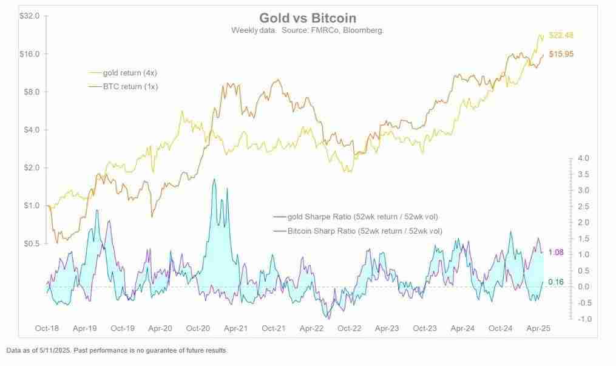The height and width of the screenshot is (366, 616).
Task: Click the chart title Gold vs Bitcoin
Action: tap(308, 18)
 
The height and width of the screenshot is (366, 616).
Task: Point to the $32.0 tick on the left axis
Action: tap(29, 16)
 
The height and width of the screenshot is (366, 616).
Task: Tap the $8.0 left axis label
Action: tap(31, 92)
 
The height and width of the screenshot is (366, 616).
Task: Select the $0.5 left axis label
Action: tap(31, 243)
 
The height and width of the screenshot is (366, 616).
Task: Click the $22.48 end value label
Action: tap(560, 35)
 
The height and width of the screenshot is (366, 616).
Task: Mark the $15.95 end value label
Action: tap(560, 54)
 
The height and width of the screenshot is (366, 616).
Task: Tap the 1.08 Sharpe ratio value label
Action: tap(556, 252)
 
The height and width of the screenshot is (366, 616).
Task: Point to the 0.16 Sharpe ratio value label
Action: tap(556, 282)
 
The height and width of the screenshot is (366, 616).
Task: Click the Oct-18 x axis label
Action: tap(47, 328)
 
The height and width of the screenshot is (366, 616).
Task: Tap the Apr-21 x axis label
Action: tap(235, 328)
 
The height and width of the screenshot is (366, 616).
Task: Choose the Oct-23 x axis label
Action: tap(424, 328)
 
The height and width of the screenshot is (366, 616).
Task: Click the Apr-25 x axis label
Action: tap(537, 328)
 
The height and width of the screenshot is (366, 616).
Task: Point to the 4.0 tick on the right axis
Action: tap(582, 158)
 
